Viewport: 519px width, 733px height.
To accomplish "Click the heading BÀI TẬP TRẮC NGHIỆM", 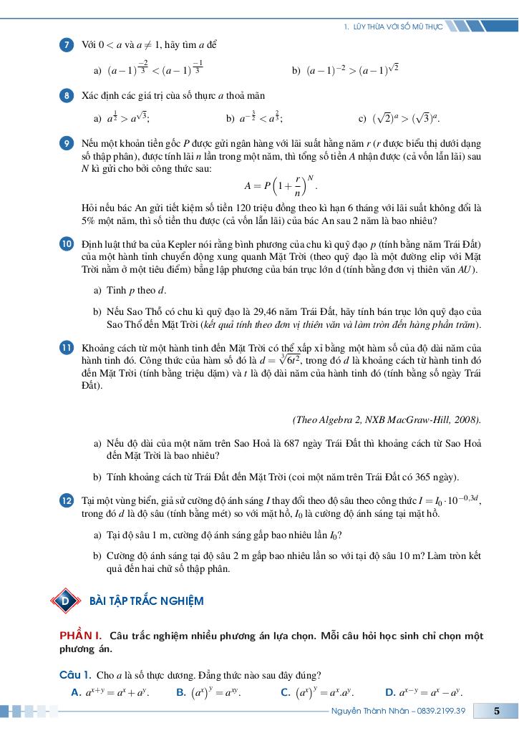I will coord(146,601).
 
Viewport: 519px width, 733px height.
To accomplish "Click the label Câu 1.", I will coord(74,675).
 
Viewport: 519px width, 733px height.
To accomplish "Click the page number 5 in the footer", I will coord(497,711).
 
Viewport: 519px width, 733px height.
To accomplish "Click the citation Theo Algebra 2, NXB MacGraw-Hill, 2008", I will coord(387,419).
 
